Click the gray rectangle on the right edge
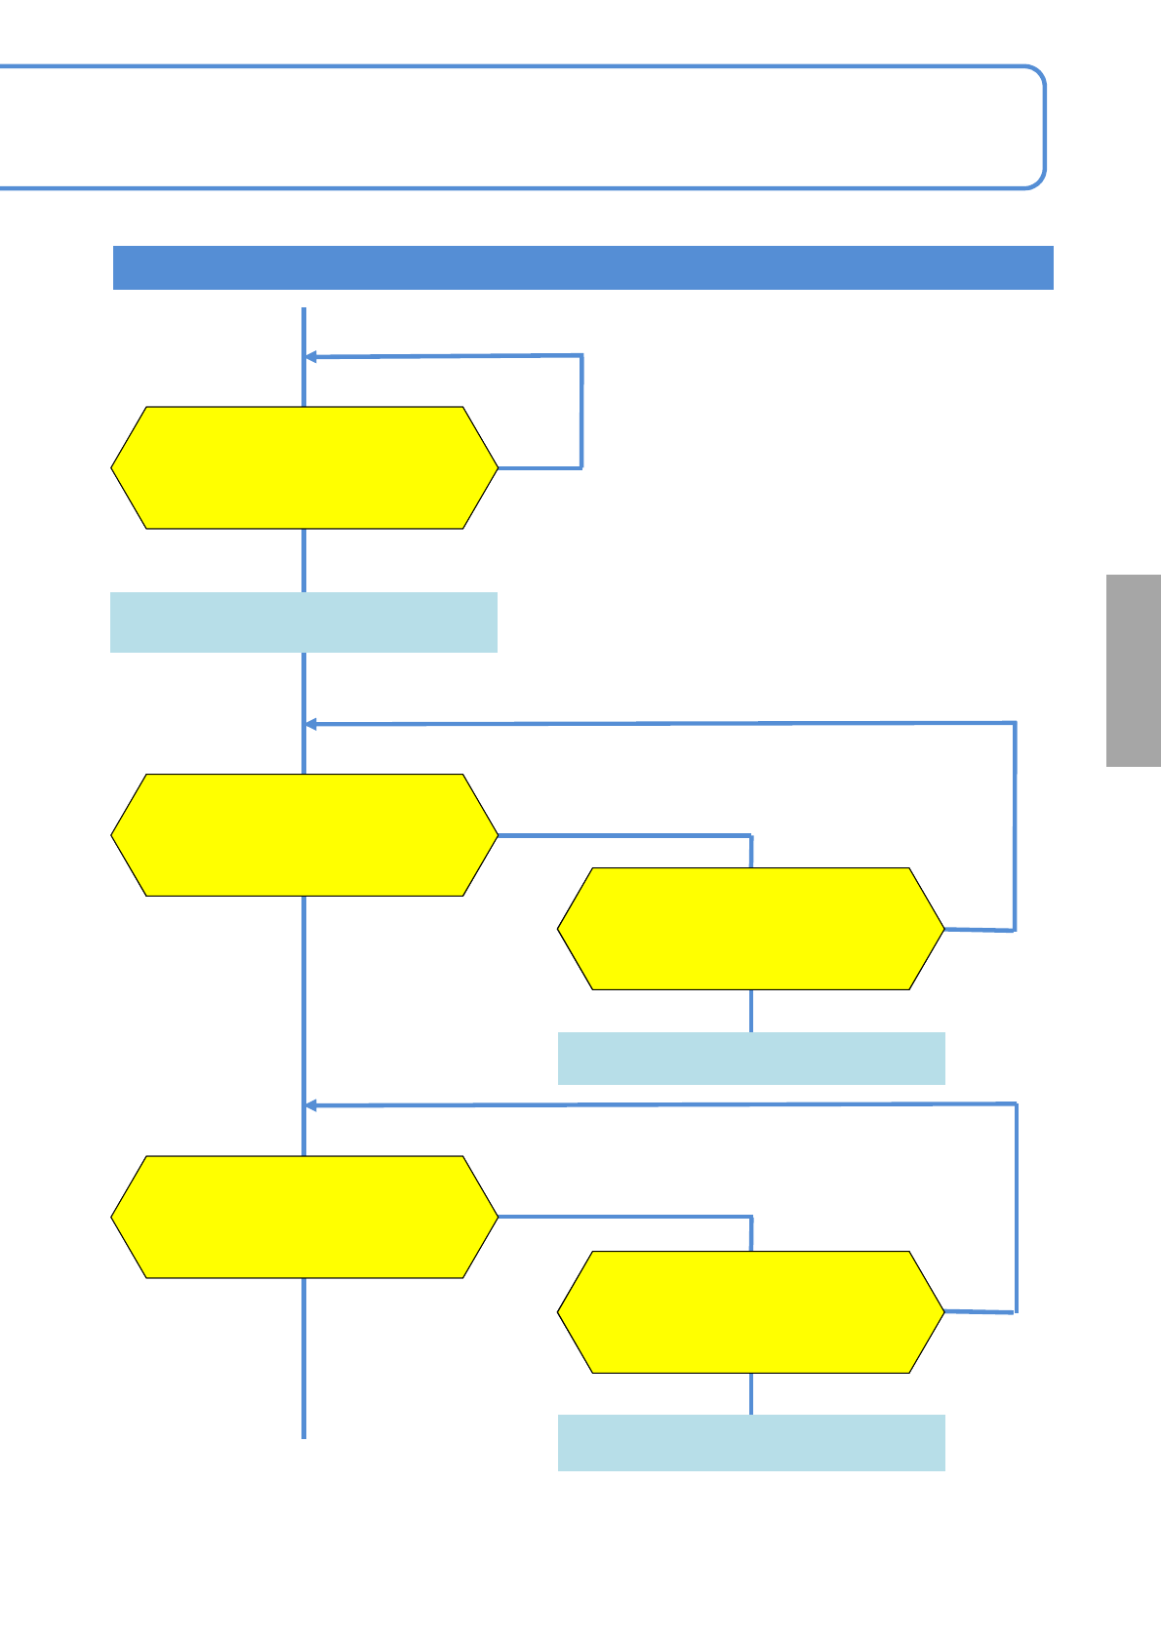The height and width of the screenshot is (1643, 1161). click(1133, 670)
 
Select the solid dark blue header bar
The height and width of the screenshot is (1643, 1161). click(582, 267)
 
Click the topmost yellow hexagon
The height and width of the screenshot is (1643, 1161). click(304, 467)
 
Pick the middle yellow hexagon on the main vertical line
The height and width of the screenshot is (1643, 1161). click(304, 835)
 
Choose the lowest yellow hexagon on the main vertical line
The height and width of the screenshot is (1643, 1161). click(304, 1217)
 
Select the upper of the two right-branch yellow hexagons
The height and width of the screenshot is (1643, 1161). click(751, 929)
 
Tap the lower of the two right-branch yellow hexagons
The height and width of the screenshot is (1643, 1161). click(751, 1312)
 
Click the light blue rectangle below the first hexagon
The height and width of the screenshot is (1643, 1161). click(303, 621)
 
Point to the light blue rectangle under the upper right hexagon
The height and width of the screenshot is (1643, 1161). click(751, 1059)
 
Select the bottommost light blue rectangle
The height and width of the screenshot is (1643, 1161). click(751, 1442)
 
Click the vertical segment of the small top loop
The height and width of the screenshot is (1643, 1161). click(581, 412)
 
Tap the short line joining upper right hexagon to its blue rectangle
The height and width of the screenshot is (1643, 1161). click(751, 1011)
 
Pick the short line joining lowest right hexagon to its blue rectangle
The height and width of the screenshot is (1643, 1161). click(751, 1394)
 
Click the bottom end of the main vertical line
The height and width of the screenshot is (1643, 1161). click(304, 1434)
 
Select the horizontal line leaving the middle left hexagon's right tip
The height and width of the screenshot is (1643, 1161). click(624, 835)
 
